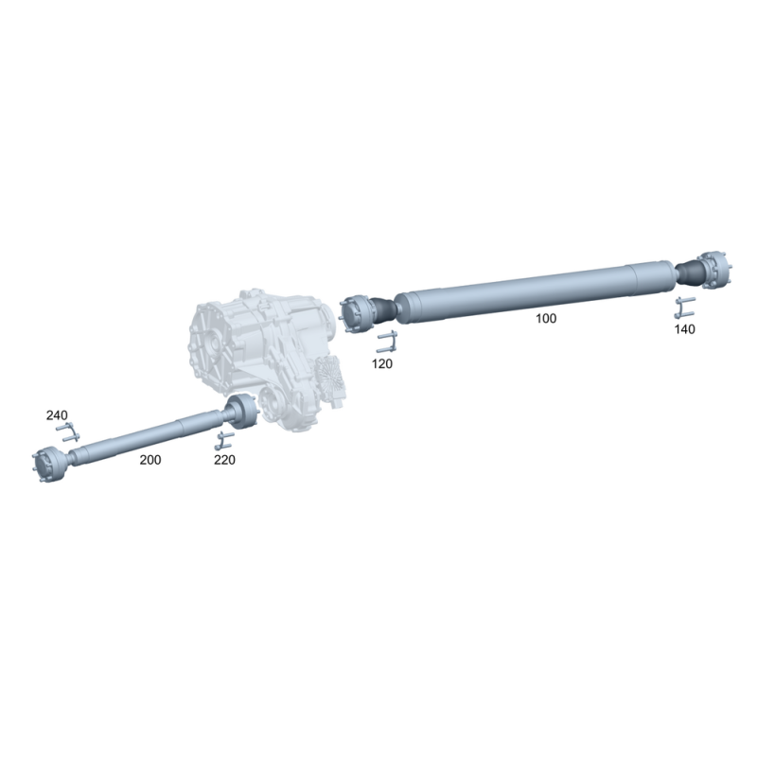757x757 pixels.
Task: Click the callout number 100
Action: coord(546,319)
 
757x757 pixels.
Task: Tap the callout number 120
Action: coord(382,364)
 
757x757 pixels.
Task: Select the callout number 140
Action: coord(684,329)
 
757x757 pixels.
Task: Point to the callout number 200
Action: coord(150,460)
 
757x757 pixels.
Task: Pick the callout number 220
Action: coord(224,460)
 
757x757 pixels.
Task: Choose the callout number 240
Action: coord(57,415)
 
